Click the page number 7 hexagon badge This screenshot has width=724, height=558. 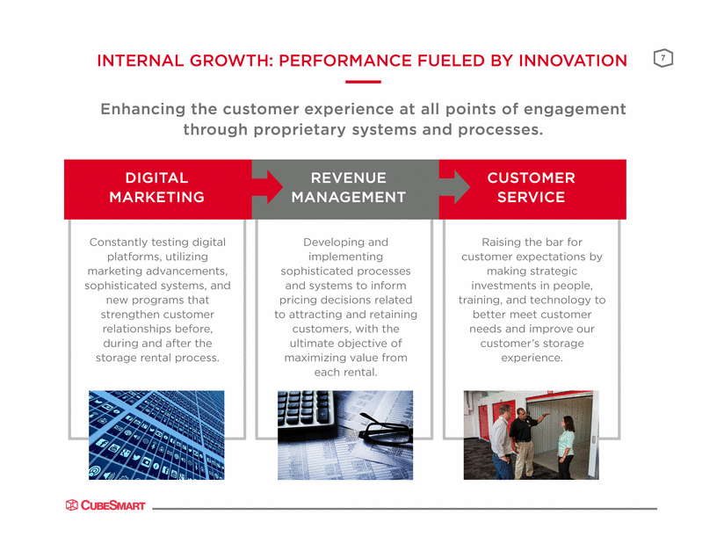(663, 58)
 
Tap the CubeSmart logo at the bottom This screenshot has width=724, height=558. (105, 505)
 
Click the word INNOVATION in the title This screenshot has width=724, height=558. (573, 61)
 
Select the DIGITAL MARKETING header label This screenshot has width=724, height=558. (157, 187)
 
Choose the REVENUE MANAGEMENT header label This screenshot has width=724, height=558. (349, 187)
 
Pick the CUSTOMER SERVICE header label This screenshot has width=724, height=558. (531, 187)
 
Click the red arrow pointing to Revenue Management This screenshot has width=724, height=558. (267, 187)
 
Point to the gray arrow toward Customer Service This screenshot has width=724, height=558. (454, 187)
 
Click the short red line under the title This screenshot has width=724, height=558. (363, 82)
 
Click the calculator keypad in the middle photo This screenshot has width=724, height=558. (305, 409)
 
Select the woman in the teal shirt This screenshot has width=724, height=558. (566, 446)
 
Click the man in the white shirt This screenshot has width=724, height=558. (503, 441)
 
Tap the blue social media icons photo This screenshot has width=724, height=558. (156, 435)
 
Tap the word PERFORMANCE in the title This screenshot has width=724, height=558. (345, 61)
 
